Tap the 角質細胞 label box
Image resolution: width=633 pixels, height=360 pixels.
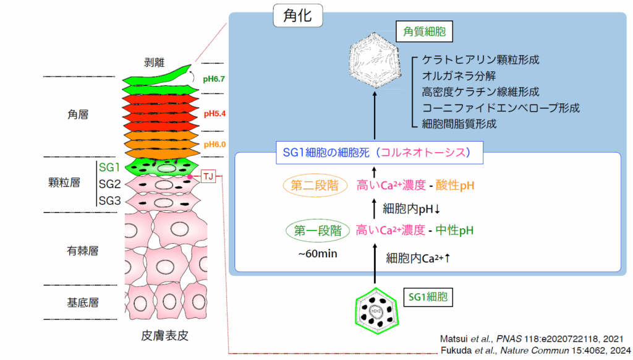(x=425, y=30)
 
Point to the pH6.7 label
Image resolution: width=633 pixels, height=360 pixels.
(x=214, y=79)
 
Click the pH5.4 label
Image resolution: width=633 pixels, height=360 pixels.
(x=214, y=114)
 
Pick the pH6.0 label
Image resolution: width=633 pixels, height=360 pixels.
(x=214, y=144)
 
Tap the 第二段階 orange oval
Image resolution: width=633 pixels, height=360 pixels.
(x=315, y=185)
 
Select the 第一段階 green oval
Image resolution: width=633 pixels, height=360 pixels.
(x=314, y=231)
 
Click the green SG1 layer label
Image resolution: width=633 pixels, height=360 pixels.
(x=110, y=167)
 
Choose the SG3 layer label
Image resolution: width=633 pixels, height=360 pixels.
(x=110, y=200)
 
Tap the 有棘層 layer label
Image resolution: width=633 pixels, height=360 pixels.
(x=83, y=251)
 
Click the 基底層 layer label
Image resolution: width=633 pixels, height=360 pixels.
(x=83, y=302)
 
